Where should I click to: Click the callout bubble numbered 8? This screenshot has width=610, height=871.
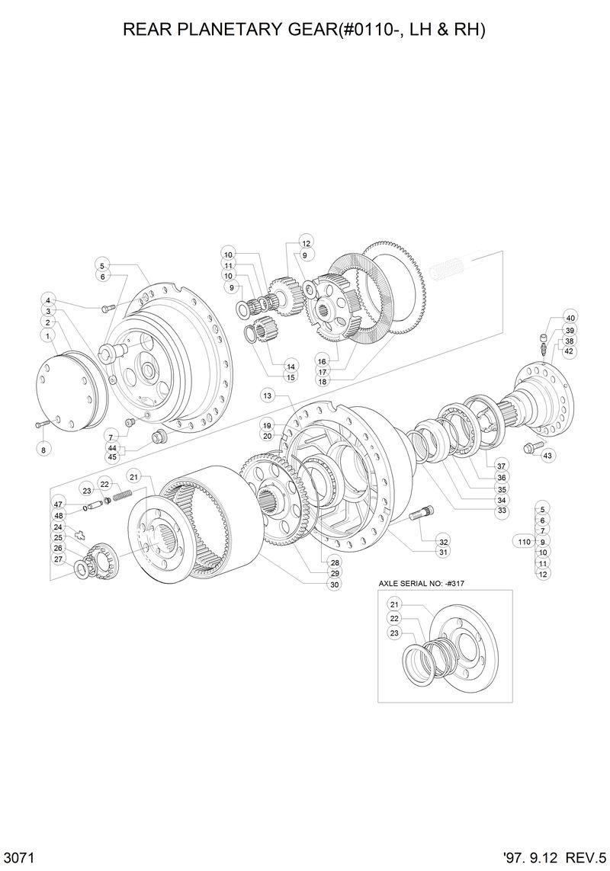point(43,450)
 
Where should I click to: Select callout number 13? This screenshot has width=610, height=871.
point(267,395)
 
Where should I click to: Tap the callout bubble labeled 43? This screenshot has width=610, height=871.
point(547,455)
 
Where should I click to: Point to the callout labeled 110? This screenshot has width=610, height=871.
point(523,541)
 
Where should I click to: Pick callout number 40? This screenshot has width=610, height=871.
point(570,318)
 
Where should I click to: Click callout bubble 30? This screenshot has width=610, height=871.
point(334,584)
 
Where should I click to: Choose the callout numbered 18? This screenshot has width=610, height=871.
point(322,380)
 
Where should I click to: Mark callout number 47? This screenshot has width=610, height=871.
point(58,504)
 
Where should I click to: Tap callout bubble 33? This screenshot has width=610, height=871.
point(502,510)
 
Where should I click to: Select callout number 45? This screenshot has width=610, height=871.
point(112,457)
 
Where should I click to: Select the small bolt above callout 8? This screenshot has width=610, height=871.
point(44,423)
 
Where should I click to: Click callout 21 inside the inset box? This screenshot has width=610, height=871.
point(394,605)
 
